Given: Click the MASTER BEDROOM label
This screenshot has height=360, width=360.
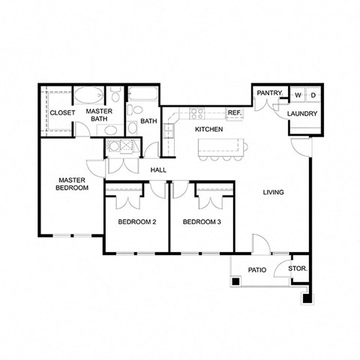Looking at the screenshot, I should point(73,184).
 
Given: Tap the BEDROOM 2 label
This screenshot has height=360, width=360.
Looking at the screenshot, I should point(136,221).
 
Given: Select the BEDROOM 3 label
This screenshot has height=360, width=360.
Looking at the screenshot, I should point(202,221).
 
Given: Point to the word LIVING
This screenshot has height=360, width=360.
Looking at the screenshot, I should point(273,193).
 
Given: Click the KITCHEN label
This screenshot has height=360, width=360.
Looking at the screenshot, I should point(209,129).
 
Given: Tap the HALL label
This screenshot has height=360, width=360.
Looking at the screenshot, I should point(158,170).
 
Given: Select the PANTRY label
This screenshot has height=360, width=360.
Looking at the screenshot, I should point(268,93).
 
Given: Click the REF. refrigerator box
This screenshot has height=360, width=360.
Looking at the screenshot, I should point(235,113).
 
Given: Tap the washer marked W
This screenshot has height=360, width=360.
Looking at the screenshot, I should point(298,95).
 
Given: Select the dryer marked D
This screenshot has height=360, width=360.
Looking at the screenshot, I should point(313,95).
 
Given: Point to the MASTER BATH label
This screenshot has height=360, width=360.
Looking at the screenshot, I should point(100,115).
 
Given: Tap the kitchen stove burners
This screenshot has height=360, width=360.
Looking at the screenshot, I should point(198,114).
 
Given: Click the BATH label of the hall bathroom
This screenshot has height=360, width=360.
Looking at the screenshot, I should point(148,121).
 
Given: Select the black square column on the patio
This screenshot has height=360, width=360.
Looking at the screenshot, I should point(235,281).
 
